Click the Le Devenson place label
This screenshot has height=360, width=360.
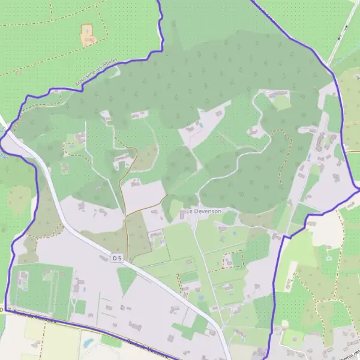point(203,211)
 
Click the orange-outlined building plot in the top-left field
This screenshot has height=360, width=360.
point(88,35)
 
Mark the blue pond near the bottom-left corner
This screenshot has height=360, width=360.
point(89,343)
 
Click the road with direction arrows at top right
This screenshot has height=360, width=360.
point(342,33)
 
